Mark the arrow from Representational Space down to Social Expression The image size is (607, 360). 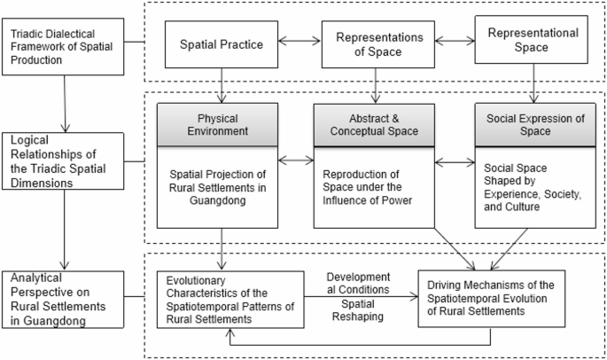coord(533,85)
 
